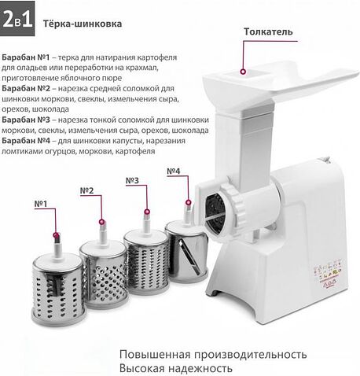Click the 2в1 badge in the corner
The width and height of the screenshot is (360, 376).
click(x=17, y=21)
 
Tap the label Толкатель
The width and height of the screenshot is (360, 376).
click(x=268, y=32)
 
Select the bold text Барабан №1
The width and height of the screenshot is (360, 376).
click(x=26, y=58)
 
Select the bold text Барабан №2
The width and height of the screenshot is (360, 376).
click(x=26, y=89)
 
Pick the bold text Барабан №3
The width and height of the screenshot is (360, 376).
click(x=26, y=120)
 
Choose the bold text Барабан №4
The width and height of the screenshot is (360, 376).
click(x=26, y=140)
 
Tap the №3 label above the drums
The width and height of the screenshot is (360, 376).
click(x=132, y=181)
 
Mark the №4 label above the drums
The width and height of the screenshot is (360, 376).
click(x=174, y=171)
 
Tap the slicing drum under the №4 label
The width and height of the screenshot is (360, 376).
click(x=187, y=251)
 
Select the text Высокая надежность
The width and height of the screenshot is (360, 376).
click(x=176, y=367)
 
